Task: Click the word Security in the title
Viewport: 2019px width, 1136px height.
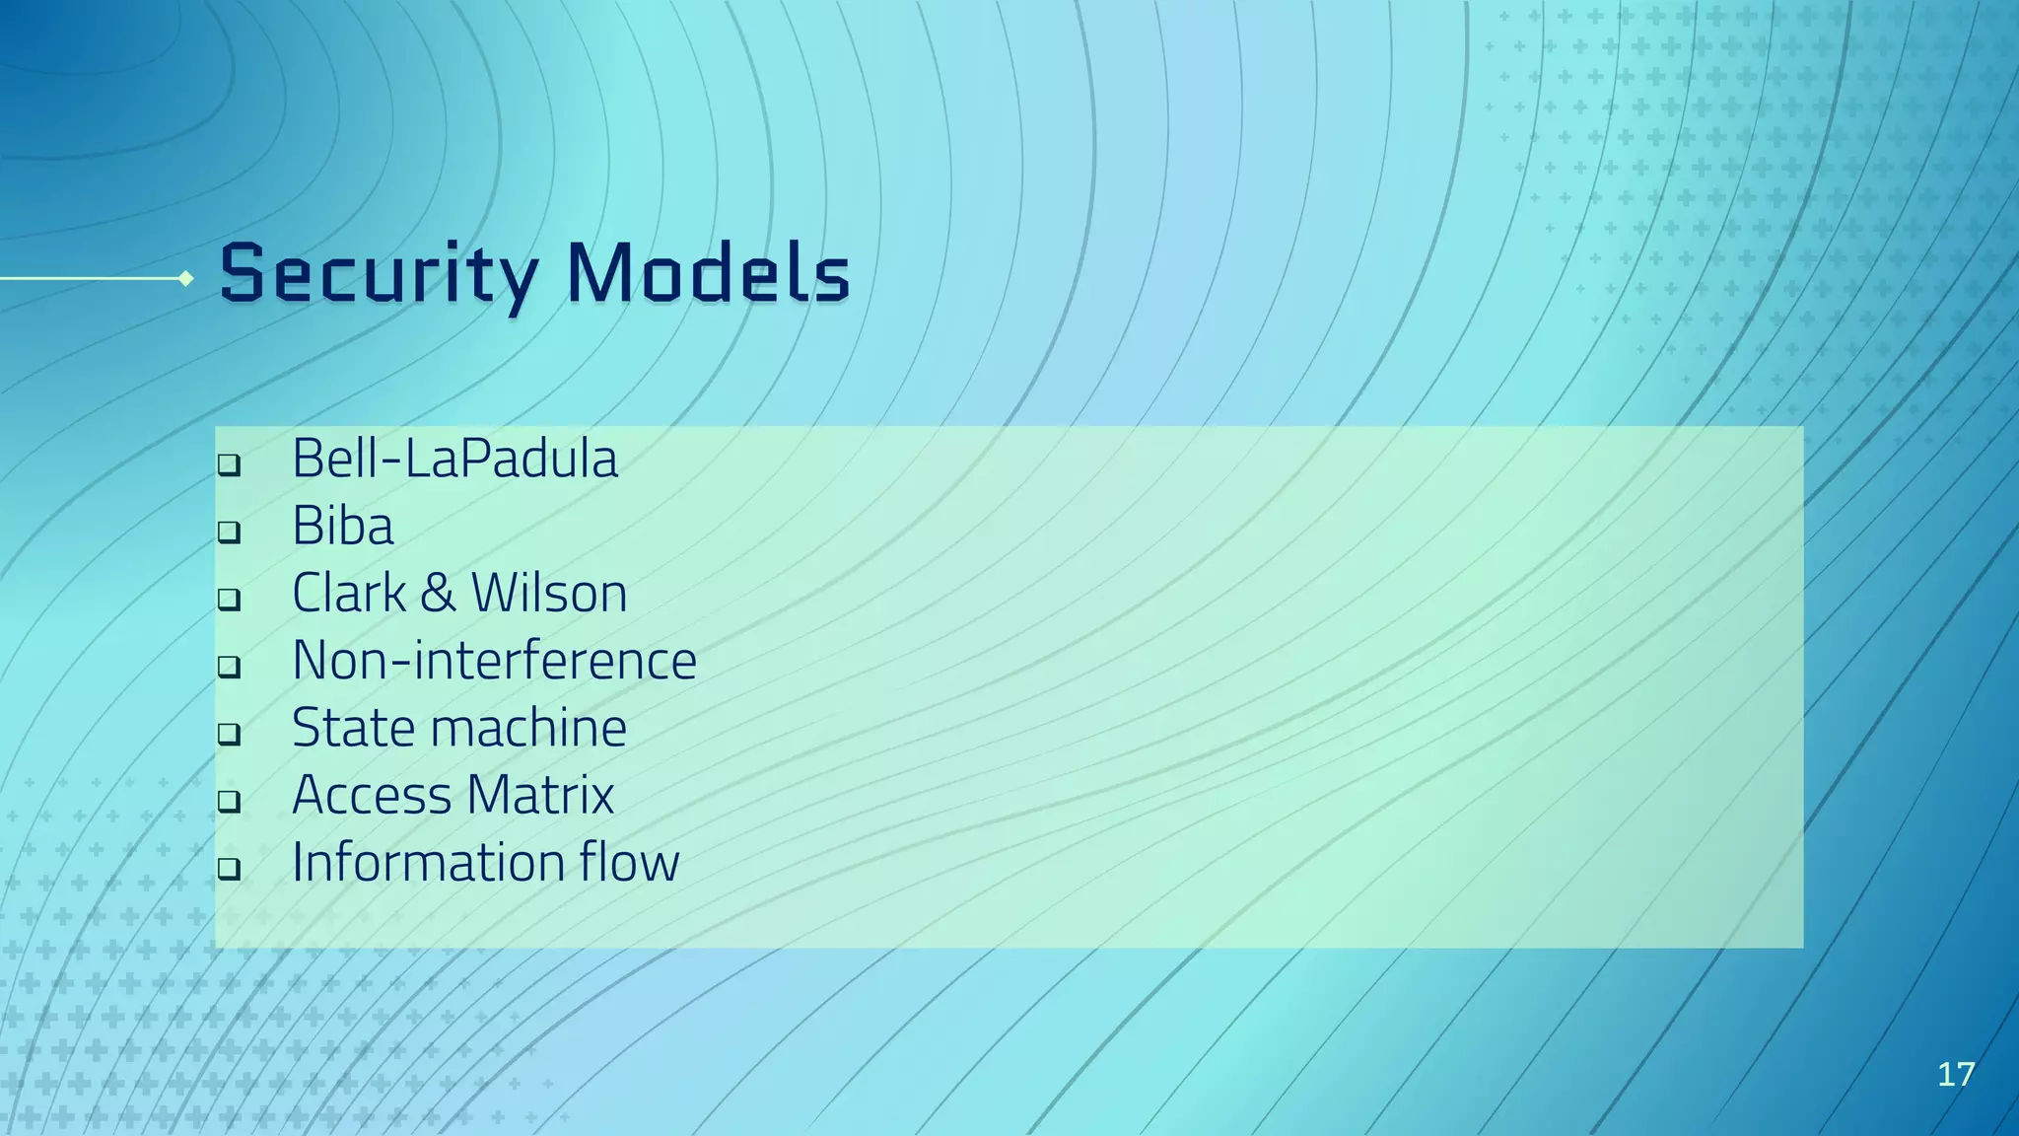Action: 379,274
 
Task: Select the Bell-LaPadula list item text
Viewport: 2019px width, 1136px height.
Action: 454,459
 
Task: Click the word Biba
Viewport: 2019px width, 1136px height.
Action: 342,526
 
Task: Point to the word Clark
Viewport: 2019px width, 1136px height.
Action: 348,594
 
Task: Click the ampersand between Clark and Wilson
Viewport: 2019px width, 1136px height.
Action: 438,594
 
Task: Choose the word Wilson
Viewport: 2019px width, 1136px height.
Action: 548,594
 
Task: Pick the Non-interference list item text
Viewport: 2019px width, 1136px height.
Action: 494,661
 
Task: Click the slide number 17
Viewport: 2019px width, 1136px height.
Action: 1956,1074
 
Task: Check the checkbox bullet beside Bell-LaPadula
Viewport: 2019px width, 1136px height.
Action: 229,464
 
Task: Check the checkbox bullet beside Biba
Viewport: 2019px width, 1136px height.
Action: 229,532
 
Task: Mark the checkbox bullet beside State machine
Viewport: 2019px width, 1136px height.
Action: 229,734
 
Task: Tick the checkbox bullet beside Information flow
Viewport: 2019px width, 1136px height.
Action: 229,869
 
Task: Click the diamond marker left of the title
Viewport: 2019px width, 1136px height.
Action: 185,279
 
